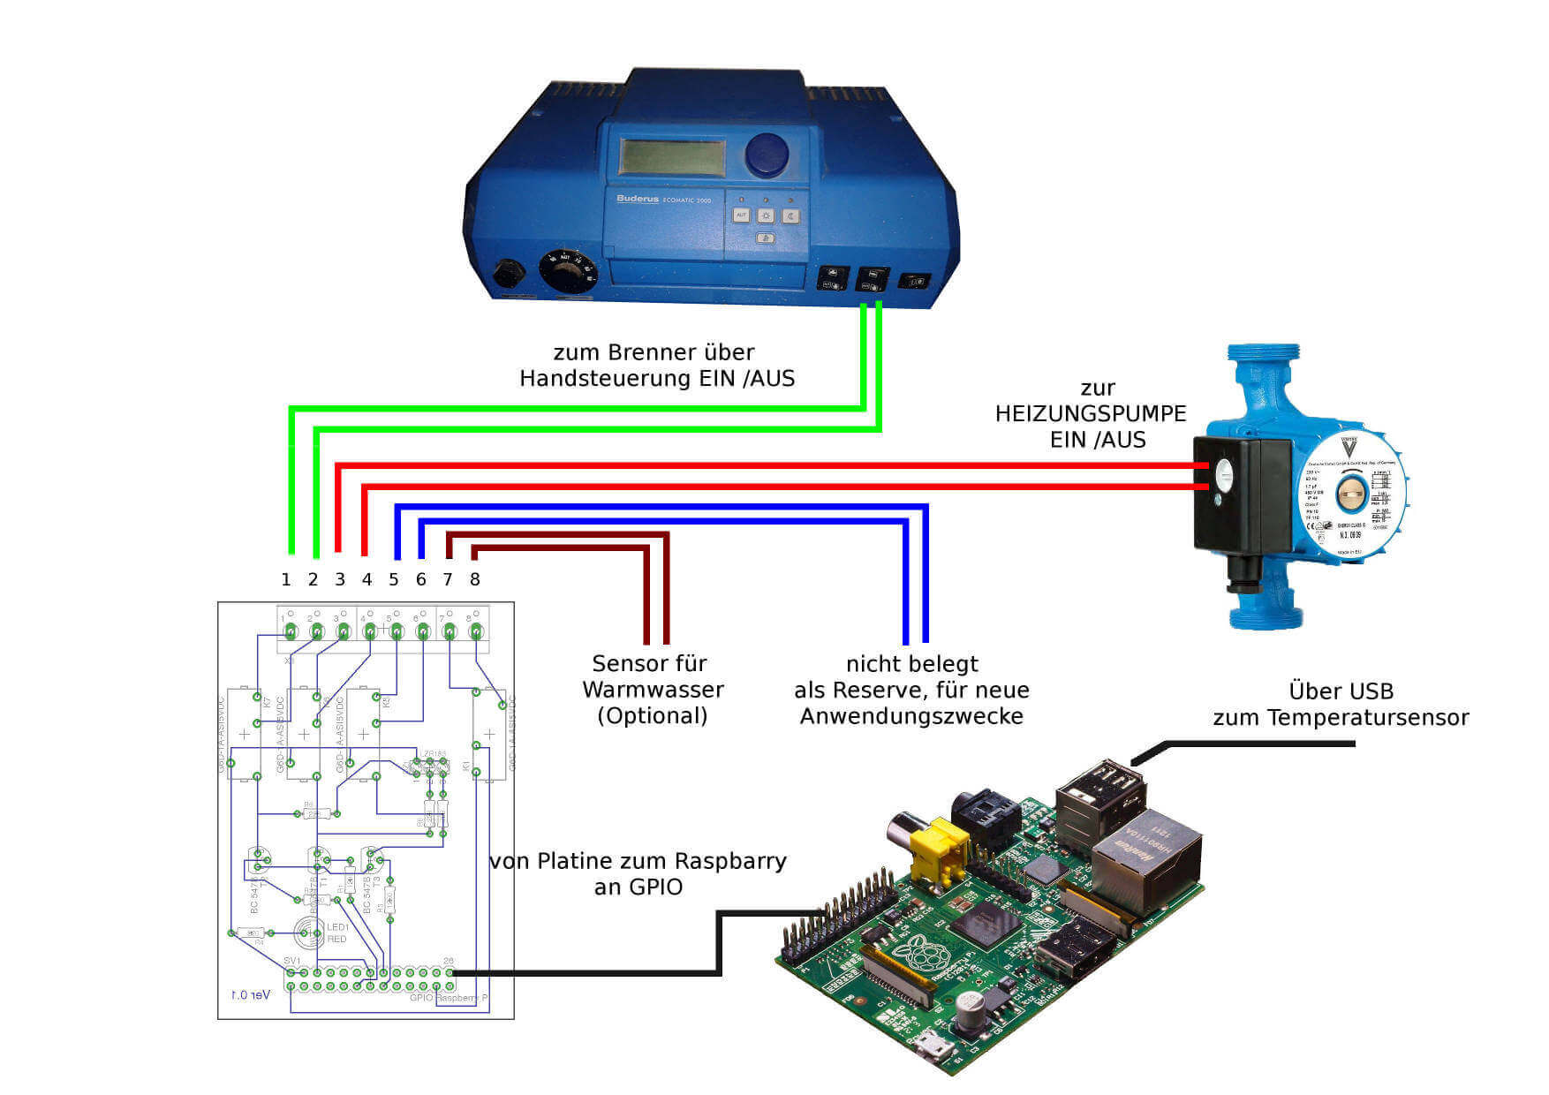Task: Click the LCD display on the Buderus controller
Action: pos(672,157)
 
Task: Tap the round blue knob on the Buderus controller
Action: pos(767,155)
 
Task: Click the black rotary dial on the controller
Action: pos(568,271)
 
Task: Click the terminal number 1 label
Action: pos(285,580)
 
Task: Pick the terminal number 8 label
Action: pos(475,580)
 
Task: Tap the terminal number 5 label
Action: pos(394,580)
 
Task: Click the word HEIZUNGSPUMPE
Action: pos(1091,413)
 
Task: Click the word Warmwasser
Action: pos(653,690)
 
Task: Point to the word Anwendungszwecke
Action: pos(911,716)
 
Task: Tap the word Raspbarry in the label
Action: pos(730,861)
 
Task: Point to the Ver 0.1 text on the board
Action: pos(250,995)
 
